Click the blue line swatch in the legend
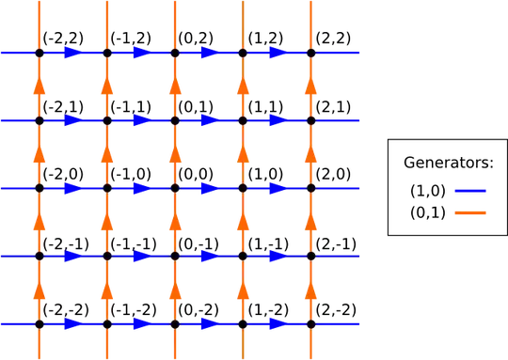tap(470, 190)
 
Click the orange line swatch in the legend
tap(470, 212)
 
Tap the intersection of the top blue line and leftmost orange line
tap(39, 54)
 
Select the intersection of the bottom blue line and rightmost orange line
tap(310, 324)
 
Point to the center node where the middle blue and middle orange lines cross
tap(174, 189)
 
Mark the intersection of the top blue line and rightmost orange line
tap(310, 54)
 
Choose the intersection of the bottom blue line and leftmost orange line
tap(39, 324)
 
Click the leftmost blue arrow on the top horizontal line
tap(71, 54)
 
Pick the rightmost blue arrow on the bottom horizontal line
tap(275, 324)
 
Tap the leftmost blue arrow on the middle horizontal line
tap(71, 189)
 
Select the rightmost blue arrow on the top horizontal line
tap(275, 54)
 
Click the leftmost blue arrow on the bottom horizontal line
tap(71, 324)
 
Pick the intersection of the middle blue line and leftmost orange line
tap(39, 189)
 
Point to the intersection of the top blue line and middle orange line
tap(174, 54)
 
